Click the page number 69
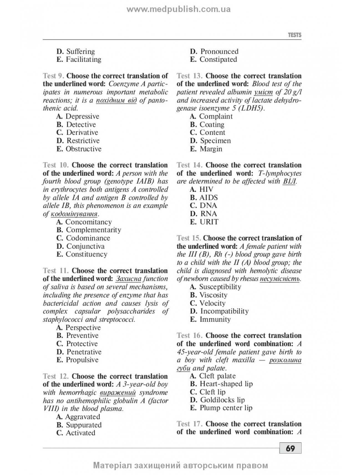click(x=290, y=448)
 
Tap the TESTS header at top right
click(x=295, y=35)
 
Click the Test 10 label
click(x=56, y=165)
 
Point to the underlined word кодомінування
click(x=74, y=214)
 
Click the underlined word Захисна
click(x=128, y=279)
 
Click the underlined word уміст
click(x=263, y=92)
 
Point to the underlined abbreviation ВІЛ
click(x=289, y=182)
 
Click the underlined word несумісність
click(x=280, y=279)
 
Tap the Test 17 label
click(x=189, y=424)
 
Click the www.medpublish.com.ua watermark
click(x=179, y=9)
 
